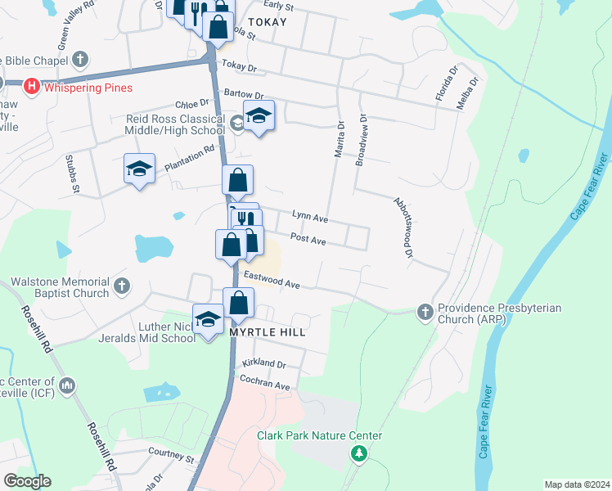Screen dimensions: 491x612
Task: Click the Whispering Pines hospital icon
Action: click(33, 87)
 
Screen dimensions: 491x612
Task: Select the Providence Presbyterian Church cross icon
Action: click(425, 312)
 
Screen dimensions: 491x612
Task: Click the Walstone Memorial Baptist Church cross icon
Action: click(122, 286)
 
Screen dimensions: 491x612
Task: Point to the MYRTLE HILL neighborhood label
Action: click(268, 333)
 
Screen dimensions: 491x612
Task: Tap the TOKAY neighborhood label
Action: click(268, 22)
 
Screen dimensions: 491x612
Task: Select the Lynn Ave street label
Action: click(310, 218)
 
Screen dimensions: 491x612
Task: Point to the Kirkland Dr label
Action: click(263, 363)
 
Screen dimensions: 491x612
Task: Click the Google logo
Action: click(27, 481)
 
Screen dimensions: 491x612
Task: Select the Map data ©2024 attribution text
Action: click(576, 484)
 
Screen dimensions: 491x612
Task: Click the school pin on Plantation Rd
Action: click(139, 169)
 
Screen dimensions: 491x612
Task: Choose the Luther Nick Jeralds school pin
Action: click(208, 318)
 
